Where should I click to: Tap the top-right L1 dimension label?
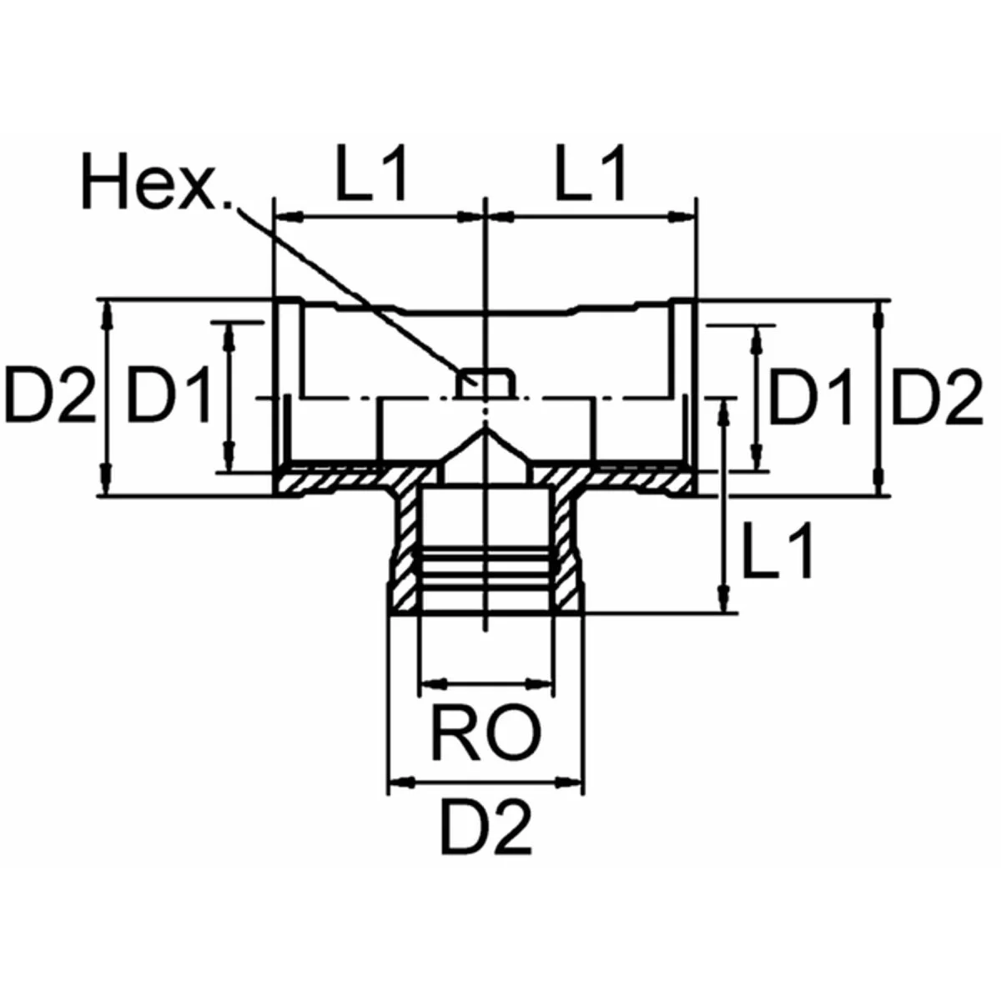[591, 174]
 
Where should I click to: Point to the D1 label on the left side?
[169, 398]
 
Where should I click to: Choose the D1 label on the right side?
[811, 398]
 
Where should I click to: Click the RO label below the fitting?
[485, 733]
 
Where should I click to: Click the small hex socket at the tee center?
[485, 382]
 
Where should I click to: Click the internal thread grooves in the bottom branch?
[485, 567]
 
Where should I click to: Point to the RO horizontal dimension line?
[485, 684]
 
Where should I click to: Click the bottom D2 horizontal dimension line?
[485, 782]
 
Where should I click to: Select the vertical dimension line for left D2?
[106, 398]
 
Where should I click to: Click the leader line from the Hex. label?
[350, 292]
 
